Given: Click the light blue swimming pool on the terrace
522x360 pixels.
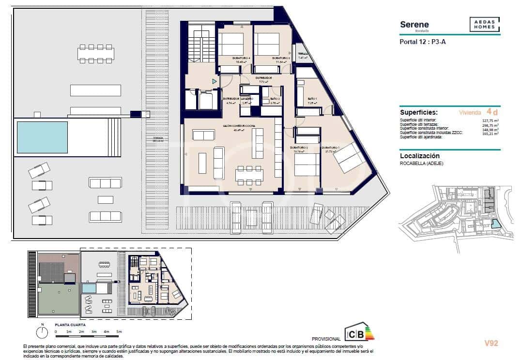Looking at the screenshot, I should [42, 137].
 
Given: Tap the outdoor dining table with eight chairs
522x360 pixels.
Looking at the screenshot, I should [96, 54].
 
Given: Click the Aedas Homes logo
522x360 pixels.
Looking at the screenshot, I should [485, 25].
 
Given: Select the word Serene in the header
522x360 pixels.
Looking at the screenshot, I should [414, 25].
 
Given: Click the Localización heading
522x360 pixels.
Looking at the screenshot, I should [419, 156].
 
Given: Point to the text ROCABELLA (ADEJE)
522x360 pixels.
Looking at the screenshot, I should [421, 164].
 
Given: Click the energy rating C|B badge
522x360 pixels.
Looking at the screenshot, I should [359, 333].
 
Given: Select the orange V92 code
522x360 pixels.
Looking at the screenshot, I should [491, 344].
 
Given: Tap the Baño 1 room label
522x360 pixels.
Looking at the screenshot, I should [312, 98].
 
